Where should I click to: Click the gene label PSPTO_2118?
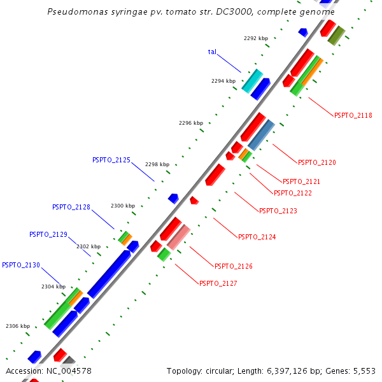point(353,115)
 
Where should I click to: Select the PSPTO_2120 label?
point(317,162)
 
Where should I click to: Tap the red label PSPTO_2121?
point(301,181)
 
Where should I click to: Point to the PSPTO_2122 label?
point(293,193)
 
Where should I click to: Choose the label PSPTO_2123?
point(278,211)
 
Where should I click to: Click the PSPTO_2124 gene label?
point(257,237)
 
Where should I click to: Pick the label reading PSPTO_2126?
point(234,266)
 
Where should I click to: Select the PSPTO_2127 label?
point(218,283)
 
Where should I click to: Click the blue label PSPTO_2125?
point(111,160)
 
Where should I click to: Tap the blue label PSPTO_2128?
point(71,207)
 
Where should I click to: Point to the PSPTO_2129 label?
point(48,234)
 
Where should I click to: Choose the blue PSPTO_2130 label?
point(21,265)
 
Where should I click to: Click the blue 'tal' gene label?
point(212,52)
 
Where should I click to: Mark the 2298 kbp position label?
point(157,164)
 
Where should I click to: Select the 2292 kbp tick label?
point(255,38)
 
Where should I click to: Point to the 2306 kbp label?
point(18,326)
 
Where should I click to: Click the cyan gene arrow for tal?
point(252,80)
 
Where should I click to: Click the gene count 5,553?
point(365,371)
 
